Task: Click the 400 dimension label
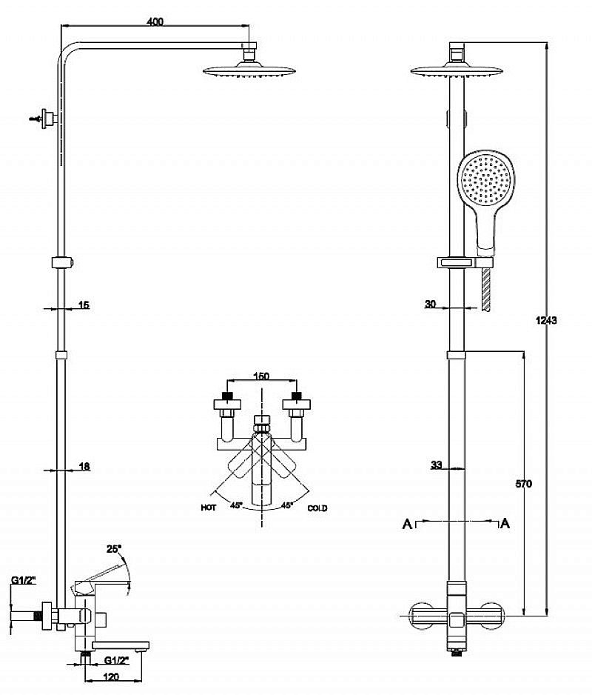(155, 21)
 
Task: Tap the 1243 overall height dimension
(546, 320)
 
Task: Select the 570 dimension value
(523, 484)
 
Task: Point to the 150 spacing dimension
(261, 376)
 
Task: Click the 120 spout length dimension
(112, 676)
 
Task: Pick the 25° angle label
(113, 549)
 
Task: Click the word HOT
(209, 508)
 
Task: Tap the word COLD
(317, 508)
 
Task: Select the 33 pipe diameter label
(437, 465)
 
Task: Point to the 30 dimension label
(431, 304)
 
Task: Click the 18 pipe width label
(84, 466)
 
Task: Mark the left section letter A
(407, 524)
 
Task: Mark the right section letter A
(505, 523)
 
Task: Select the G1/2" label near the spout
(116, 660)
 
